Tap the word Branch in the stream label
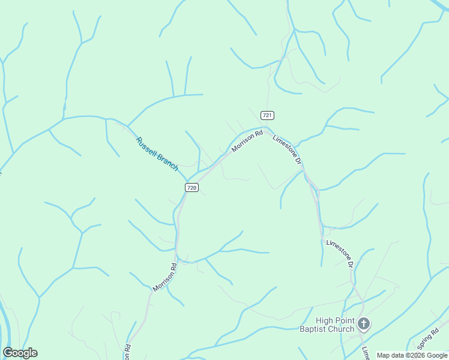168,163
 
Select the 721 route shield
268,115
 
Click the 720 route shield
191,187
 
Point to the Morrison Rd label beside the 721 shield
247,142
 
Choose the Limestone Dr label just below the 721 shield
286,149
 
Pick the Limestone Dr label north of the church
339,253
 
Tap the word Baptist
312,329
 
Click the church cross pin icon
363,324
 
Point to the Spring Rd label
429,339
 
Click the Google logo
20,353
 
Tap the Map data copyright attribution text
411,355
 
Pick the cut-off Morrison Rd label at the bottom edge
128,353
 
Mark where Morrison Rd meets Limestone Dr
268,127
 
